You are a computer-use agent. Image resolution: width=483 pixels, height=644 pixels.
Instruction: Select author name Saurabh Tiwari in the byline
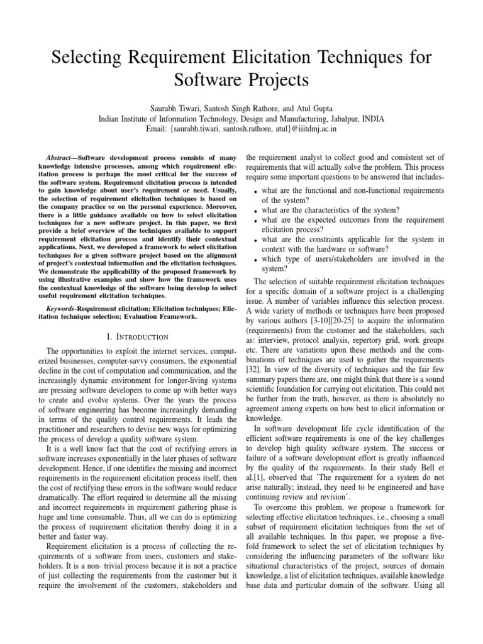click(178, 107)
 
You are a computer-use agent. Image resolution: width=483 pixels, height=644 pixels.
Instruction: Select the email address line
click(241, 129)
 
